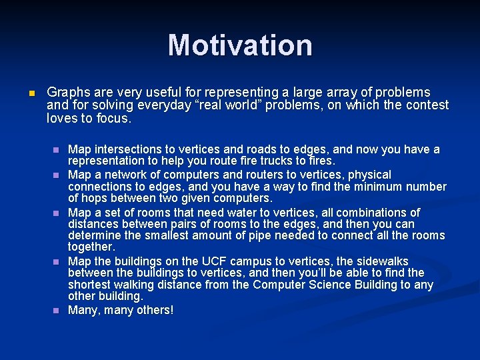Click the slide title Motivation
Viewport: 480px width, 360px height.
240,45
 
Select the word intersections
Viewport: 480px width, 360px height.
127,149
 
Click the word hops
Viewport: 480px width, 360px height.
94,198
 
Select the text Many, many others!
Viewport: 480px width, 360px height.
121,310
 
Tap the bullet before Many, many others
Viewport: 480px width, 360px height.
57,311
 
